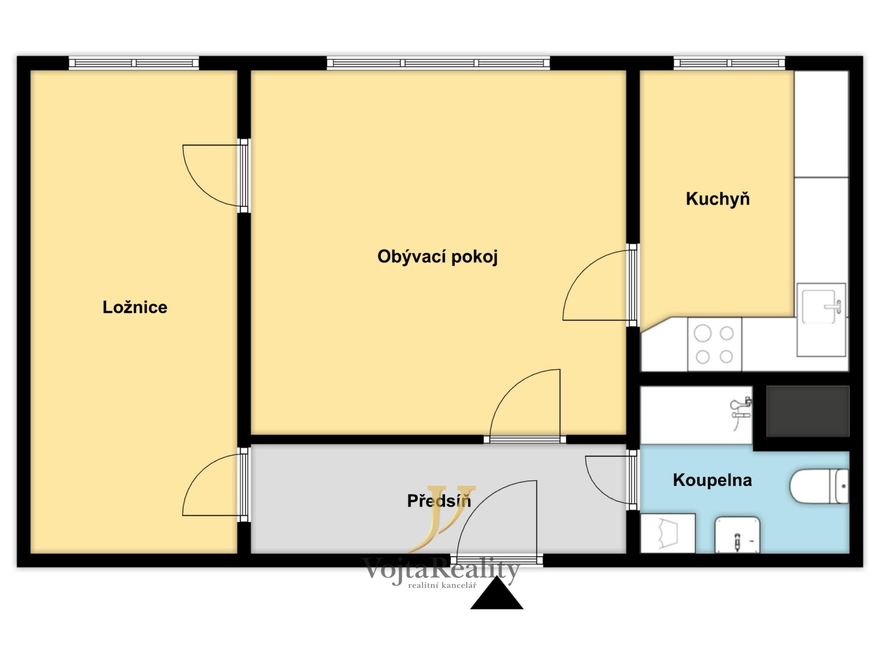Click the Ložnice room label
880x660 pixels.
135,307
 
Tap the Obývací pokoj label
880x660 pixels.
437,257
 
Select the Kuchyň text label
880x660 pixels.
718,199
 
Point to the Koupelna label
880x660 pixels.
712,480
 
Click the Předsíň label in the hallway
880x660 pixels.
439,500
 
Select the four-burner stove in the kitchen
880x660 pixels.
715,344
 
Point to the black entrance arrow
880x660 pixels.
497,594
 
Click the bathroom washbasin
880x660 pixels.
737,534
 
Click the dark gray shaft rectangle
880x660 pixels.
808,411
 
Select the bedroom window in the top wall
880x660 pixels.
134,63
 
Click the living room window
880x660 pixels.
438,63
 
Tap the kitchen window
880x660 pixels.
729,63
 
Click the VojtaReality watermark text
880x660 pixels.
440,570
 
